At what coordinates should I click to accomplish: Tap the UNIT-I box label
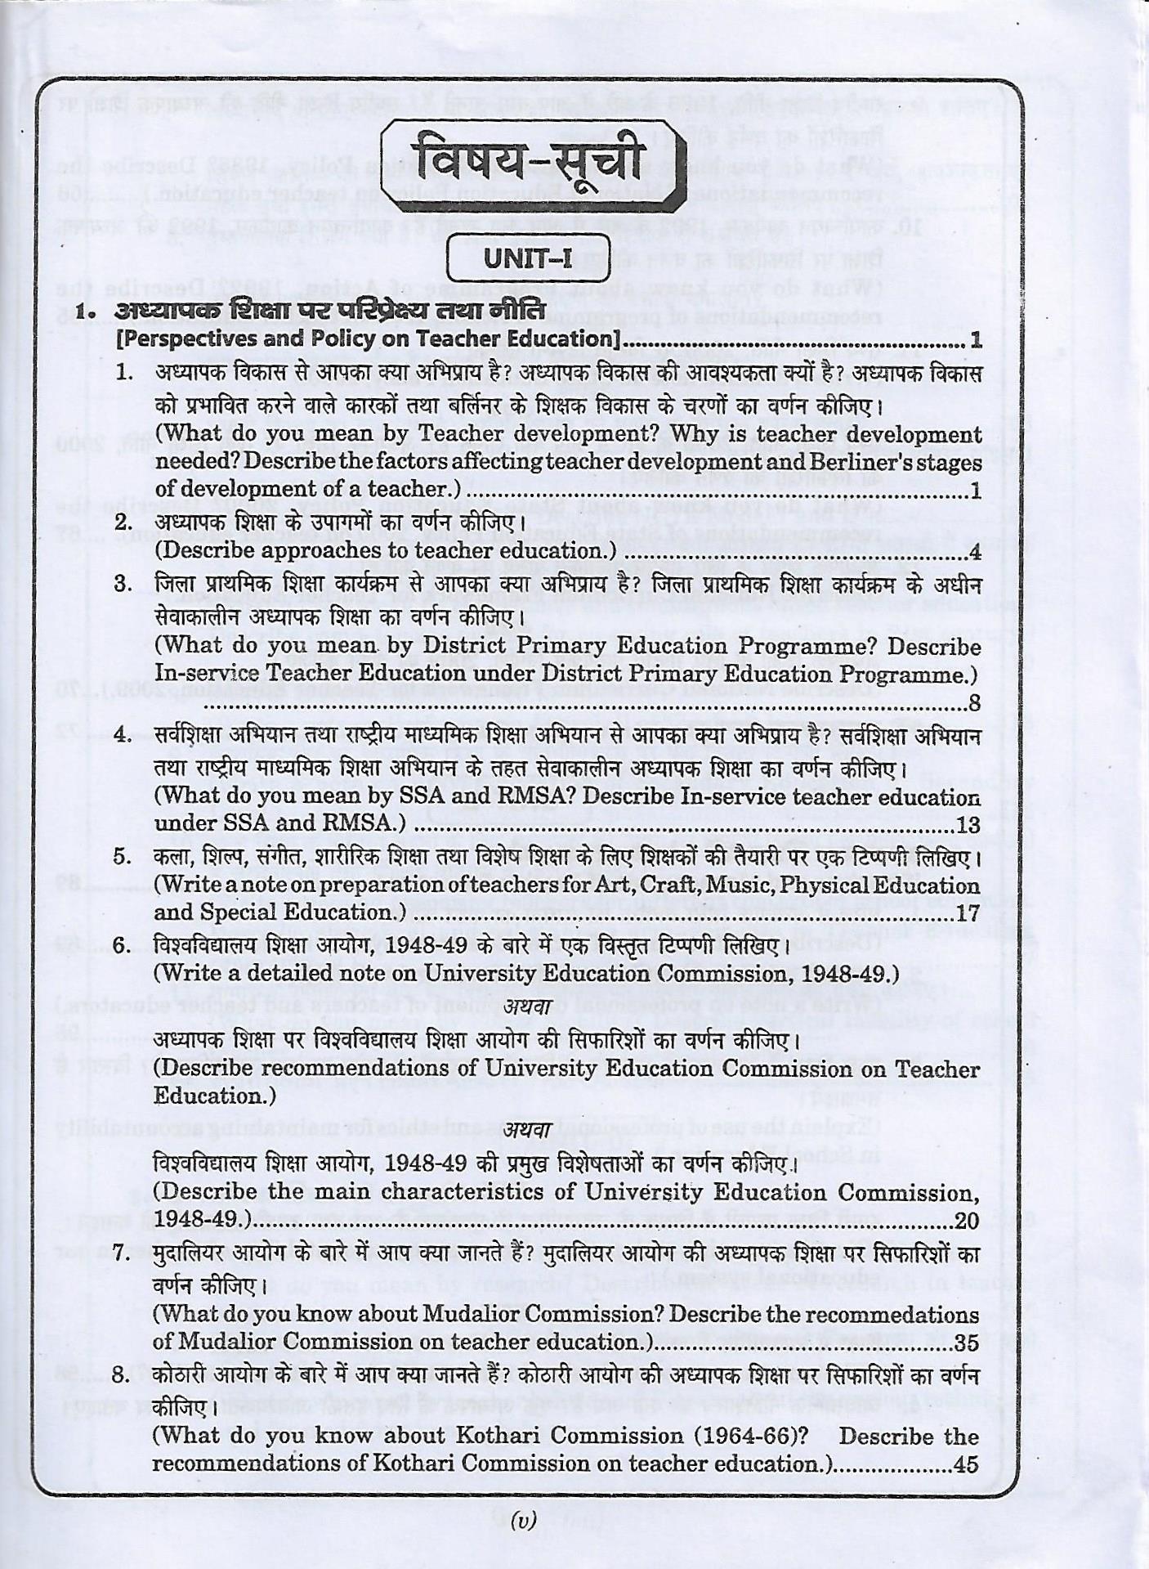click(528, 259)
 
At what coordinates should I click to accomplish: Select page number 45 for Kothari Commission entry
click(965, 1464)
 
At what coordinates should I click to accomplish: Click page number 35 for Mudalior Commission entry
click(966, 1342)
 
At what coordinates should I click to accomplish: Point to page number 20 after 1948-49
click(967, 1221)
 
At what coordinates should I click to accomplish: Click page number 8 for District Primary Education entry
click(973, 702)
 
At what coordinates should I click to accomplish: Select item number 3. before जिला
click(123, 584)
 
